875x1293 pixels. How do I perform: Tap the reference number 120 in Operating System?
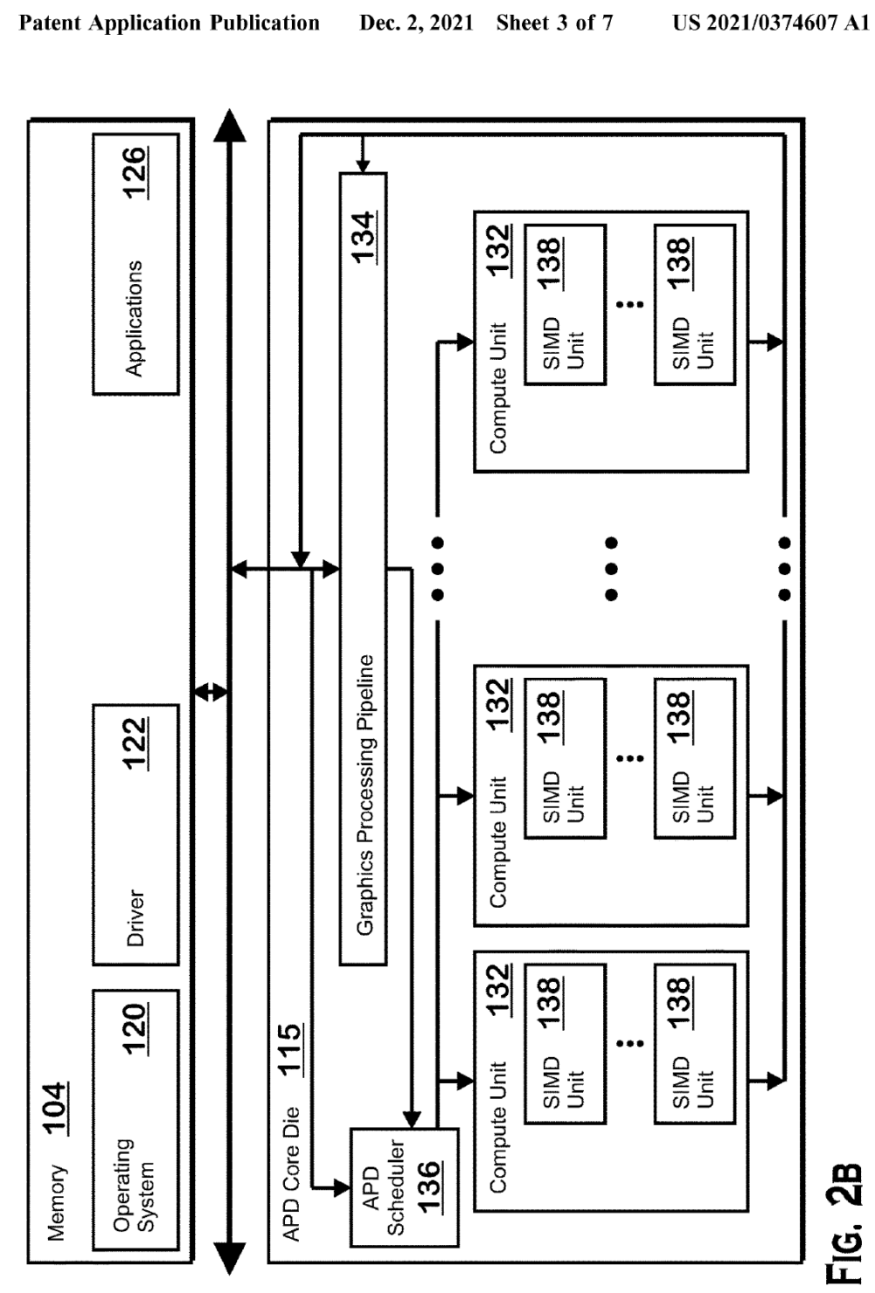pyautogui.click(x=135, y=1030)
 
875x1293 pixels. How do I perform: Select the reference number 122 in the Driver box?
pyautogui.click(x=135, y=744)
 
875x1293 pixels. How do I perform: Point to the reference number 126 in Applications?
pyautogui.click(x=135, y=173)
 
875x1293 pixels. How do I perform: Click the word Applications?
pyautogui.click(x=134, y=318)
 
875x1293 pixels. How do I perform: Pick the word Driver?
pyautogui.click(x=135, y=918)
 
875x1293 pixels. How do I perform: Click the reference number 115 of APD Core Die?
pyautogui.click(x=289, y=1048)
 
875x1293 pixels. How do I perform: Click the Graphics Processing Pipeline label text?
pyautogui.click(x=365, y=795)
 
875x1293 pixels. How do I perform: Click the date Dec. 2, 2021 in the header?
pyautogui.click(x=416, y=23)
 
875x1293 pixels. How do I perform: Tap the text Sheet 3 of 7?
pyautogui.click(x=554, y=23)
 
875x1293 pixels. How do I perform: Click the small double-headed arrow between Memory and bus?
pyautogui.click(x=210, y=692)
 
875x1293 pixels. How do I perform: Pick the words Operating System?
pyautogui.click(x=134, y=1185)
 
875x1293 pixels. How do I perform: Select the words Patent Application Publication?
pyautogui.click(x=169, y=23)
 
